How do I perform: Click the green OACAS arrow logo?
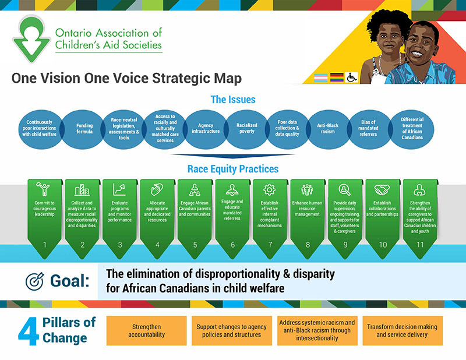coord(31,38)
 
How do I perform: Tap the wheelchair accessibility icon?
coord(352,77)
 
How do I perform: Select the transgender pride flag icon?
coord(321,77)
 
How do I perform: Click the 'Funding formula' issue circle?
coord(84,129)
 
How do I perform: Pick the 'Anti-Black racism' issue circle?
coord(328,129)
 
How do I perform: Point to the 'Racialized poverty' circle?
coord(246,129)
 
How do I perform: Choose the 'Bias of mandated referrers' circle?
coord(368,129)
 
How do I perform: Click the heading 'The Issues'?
coord(233,100)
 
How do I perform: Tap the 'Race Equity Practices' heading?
coord(233,169)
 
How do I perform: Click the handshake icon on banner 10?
coord(382,190)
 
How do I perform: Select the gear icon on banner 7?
coord(270,190)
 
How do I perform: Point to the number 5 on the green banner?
coord(195,245)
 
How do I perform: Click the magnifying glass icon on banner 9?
coord(344,190)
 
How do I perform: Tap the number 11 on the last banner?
coord(420,245)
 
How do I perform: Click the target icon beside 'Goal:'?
coord(34,281)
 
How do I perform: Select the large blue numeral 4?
coord(29,331)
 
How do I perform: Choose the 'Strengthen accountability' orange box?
coord(147,330)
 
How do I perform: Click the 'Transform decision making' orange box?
coord(403,330)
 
